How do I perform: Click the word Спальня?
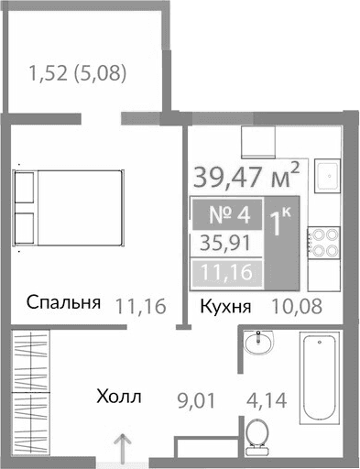point(62,304)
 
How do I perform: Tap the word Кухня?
point(225,307)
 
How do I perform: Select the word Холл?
point(119,397)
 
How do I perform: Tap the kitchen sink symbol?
point(325,176)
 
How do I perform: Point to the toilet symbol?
point(258,435)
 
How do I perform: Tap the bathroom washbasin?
point(259,346)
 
